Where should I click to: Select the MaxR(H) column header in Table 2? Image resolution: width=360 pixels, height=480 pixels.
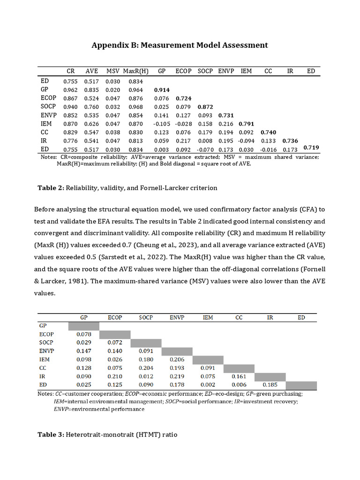pyautogui.click(x=135, y=71)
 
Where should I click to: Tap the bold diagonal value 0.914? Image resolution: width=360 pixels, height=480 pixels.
pyautogui.click(x=162, y=90)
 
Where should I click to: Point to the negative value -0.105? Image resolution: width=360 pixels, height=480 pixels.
pyautogui.click(x=162, y=124)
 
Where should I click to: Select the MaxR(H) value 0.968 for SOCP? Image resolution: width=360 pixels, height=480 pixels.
pyautogui.click(x=135, y=107)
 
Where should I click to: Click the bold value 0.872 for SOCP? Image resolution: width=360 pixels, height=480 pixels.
pyautogui.click(x=205, y=107)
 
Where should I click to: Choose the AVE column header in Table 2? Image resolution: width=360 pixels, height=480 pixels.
pyautogui.click(x=91, y=71)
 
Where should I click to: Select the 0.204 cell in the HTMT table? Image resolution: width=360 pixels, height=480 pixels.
pyautogui.click(x=145, y=368)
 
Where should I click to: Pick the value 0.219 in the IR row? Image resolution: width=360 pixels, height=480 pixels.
pyautogui.click(x=177, y=377)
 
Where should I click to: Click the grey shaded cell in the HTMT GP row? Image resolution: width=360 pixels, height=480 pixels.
pyautogui.click(x=84, y=326)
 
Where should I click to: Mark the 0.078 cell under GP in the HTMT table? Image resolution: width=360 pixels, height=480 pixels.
pyautogui.click(x=84, y=335)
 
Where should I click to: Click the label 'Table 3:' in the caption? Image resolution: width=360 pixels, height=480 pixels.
pyautogui.click(x=50, y=435)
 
